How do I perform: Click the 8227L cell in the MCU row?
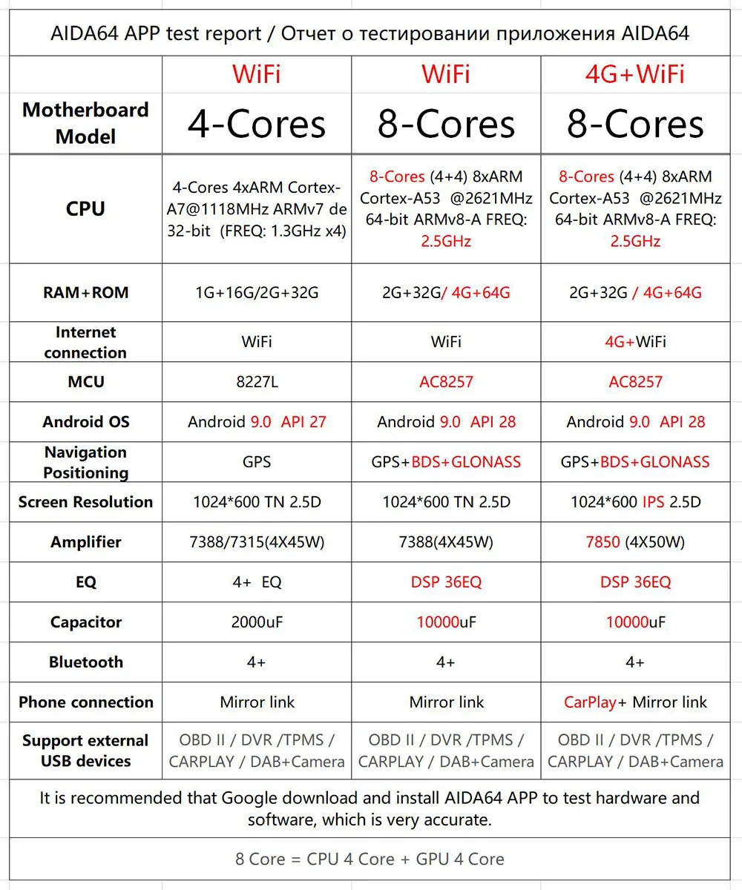point(256,382)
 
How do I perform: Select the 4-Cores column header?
point(256,123)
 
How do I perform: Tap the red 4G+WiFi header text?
point(635,74)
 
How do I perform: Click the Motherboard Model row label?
point(85,123)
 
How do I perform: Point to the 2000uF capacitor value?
point(256,622)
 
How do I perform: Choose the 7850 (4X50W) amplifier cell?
point(635,542)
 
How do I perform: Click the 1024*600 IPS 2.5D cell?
point(635,502)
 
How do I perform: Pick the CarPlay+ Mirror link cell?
point(635,702)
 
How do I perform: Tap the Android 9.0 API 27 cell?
point(256,422)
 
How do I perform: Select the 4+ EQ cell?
point(256,582)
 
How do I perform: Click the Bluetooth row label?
point(85,662)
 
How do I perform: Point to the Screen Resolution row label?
point(85,502)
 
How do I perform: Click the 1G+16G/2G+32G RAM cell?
point(256,292)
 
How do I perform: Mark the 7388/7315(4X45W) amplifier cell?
point(256,542)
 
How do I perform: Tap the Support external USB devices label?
point(85,751)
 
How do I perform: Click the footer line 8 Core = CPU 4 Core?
point(370,859)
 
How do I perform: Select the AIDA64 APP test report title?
point(370,33)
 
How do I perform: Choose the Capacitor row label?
point(85,622)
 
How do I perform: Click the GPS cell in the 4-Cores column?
point(256,462)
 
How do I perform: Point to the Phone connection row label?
point(85,702)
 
